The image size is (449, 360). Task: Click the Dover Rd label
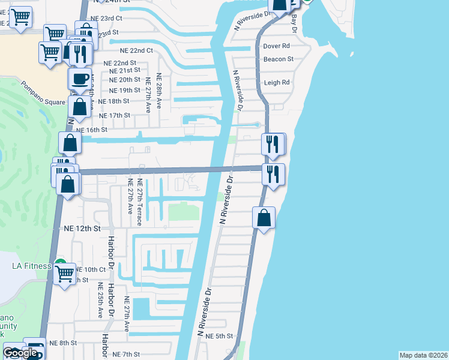277,46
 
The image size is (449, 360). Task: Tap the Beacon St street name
278,59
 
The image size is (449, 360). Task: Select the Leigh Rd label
277,83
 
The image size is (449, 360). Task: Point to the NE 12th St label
82,229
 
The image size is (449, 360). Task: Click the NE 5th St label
218,336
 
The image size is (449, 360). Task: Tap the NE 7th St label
126,355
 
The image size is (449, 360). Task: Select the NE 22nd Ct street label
136,51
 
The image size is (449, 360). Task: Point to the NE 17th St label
114,115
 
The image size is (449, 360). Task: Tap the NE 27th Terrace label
139,202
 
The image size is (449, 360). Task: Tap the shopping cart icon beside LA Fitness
64,274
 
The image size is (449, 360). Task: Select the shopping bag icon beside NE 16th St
70,143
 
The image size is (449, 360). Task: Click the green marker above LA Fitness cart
60,263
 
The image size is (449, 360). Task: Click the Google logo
20,353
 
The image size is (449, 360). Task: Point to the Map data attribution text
424,355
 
